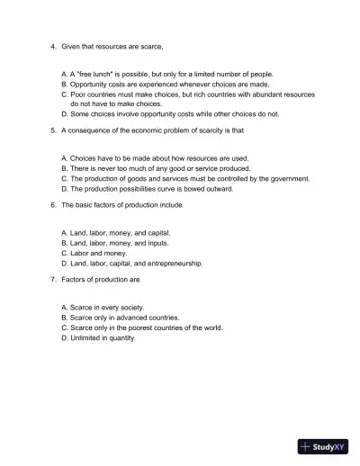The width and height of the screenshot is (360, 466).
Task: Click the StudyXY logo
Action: click(x=324, y=445)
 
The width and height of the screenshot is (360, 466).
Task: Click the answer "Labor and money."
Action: click(x=94, y=254)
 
